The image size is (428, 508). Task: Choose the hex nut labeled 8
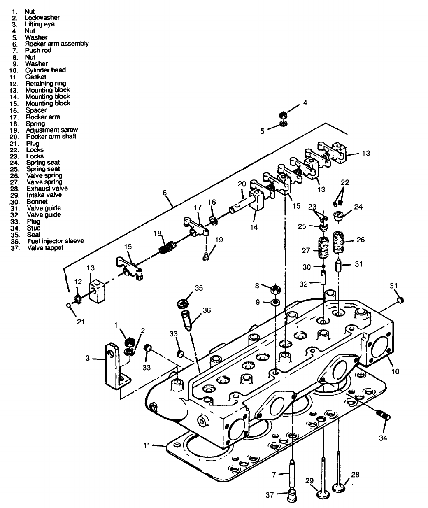click(274, 289)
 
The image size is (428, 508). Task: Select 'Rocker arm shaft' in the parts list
click(51, 136)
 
